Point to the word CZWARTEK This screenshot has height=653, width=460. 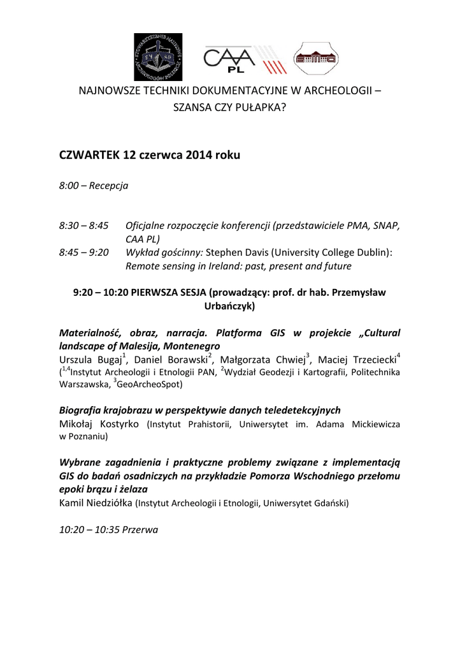89,154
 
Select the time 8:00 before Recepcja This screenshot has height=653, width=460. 69,186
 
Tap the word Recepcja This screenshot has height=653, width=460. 109,186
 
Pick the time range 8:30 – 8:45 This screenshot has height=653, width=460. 83,226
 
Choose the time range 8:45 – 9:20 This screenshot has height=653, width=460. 83,253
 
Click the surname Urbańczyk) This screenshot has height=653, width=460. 229,306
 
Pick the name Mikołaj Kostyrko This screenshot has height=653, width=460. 101,424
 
